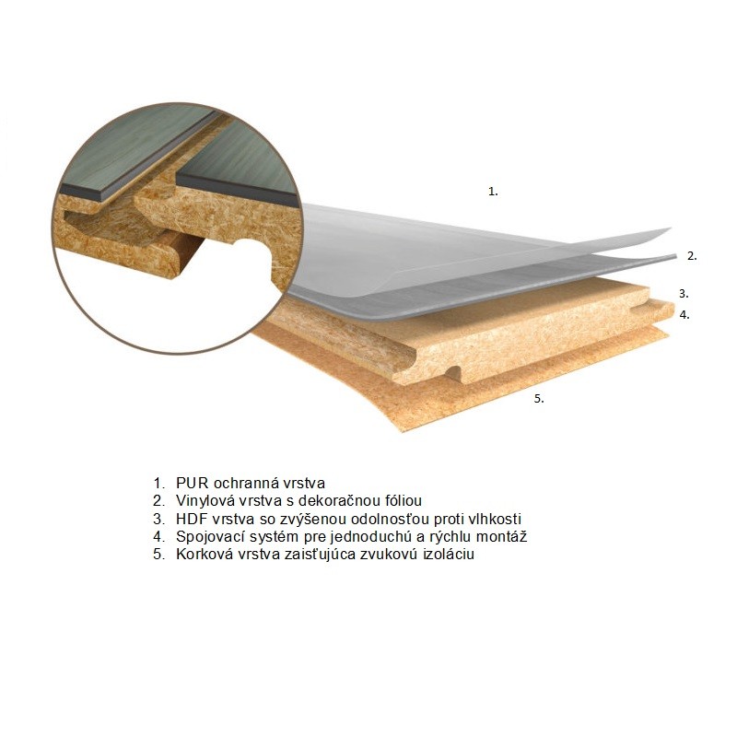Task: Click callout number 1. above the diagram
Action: (493, 192)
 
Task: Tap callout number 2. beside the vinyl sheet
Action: (692, 256)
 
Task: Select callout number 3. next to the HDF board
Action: (684, 294)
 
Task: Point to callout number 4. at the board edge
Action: (684, 315)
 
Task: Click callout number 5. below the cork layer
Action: (539, 399)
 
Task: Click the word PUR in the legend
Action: (192, 483)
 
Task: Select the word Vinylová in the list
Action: (204, 500)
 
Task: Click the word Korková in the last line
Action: (204, 554)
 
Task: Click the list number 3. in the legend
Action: (158, 519)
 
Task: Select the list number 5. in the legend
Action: (158, 554)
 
